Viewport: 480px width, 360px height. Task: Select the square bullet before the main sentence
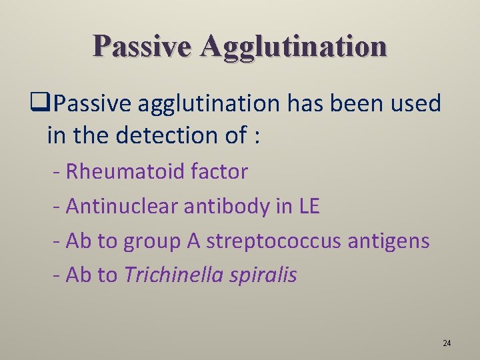coord(47,104)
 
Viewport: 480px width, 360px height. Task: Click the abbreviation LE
coord(308,207)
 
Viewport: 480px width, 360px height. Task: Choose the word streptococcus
coord(275,241)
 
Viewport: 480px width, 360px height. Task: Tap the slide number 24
coord(447,343)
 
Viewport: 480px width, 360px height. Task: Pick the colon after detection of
coord(256,136)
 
